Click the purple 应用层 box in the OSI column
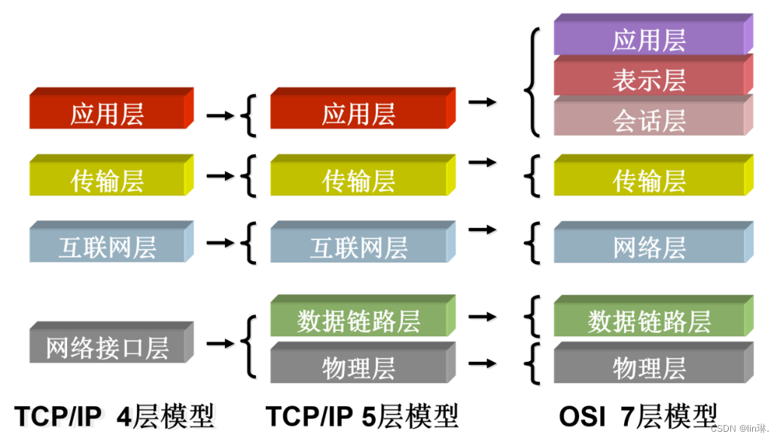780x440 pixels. tap(649, 39)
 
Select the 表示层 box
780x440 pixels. tap(649, 80)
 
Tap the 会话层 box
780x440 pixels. tap(649, 120)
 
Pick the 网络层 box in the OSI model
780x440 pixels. tap(649, 247)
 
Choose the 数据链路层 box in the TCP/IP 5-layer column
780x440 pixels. tap(358, 320)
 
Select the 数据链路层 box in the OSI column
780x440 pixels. tap(649, 321)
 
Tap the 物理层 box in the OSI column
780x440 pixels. tap(649, 368)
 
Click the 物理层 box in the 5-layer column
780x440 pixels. tap(358, 368)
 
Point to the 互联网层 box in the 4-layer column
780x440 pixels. tap(107, 247)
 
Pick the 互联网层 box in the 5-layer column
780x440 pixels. tap(358, 247)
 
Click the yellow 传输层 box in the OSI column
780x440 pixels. tap(649, 181)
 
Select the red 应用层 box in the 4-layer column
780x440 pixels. tap(107, 114)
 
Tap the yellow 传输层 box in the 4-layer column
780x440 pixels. tap(107, 181)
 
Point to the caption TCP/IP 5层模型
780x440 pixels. tap(361, 414)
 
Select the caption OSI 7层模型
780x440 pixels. tap(638, 414)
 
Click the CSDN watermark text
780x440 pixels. tap(741, 426)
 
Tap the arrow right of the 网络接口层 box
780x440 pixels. tap(219, 344)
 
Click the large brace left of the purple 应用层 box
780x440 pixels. tap(532, 81)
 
